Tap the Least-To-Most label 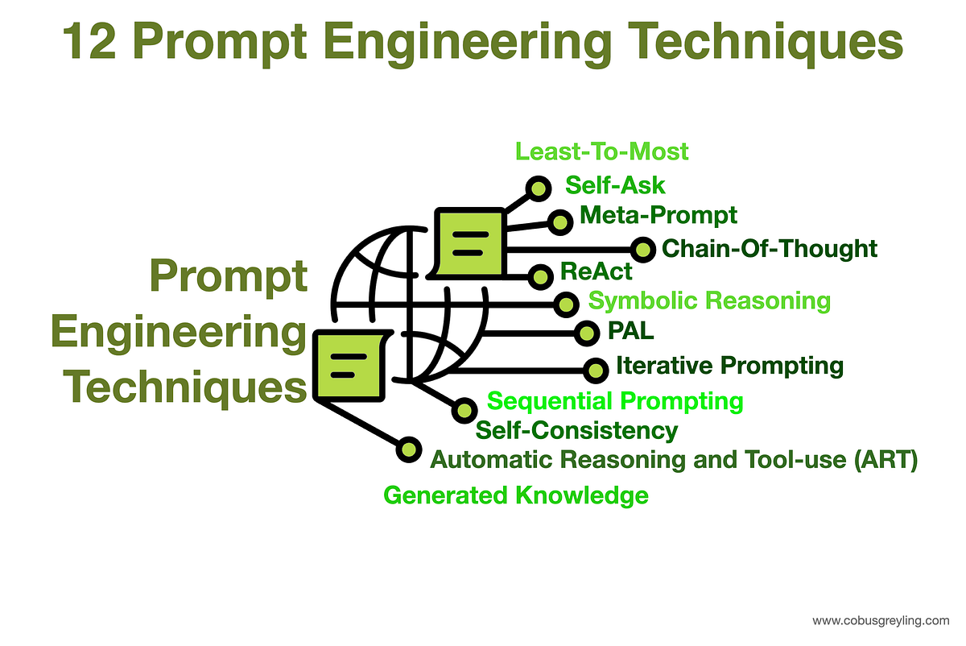[x=602, y=151]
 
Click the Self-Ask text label [x=615, y=184]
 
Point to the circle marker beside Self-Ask [x=537, y=188]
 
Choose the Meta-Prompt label [x=658, y=215]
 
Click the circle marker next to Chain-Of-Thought [x=642, y=250]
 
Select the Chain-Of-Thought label [x=769, y=248]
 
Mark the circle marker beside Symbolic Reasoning [x=566, y=304]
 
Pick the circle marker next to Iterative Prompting [x=595, y=370]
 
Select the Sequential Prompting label [x=615, y=400]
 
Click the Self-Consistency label [x=576, y=430]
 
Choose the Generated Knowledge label [x=516, y=495]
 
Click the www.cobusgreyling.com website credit [x=881, y=620]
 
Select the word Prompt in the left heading [x=229, y=279]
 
